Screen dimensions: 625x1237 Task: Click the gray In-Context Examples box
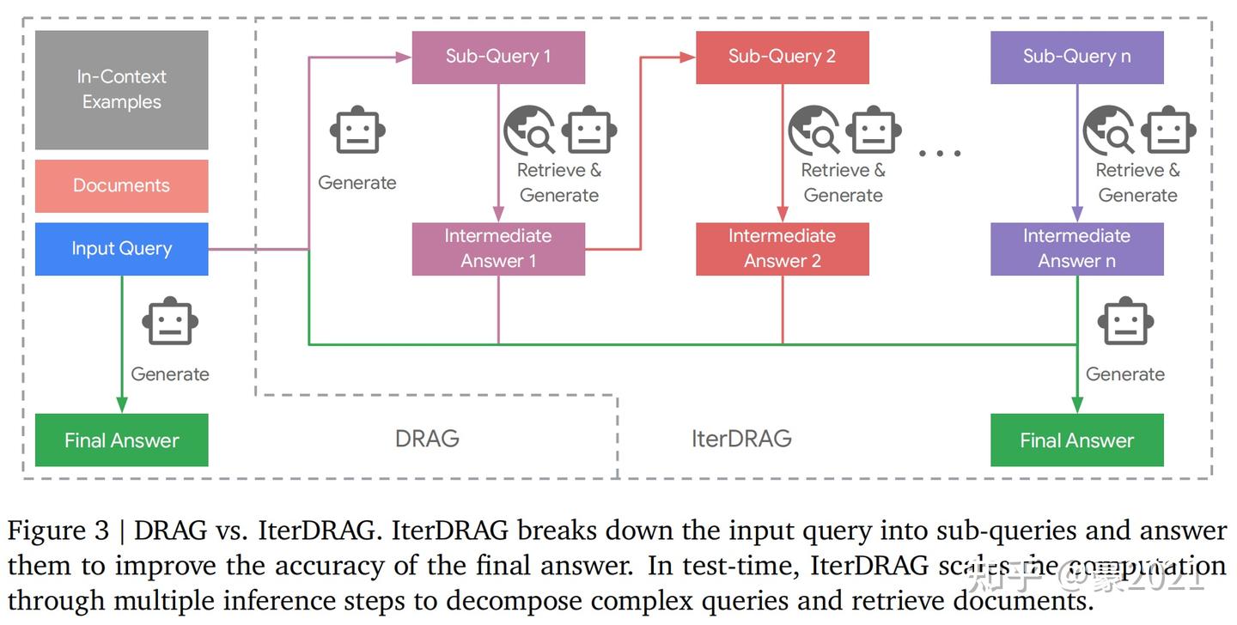point(121,89)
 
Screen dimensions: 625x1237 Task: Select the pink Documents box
point(121,185)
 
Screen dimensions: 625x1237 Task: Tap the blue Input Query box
point(121,249)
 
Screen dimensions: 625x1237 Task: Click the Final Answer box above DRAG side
point(121,440)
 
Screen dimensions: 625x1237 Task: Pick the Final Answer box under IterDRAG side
point(1076,440)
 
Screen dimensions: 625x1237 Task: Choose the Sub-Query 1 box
point(498,57)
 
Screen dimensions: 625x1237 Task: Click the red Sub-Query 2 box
point(782,57)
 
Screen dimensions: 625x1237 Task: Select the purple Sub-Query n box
point(1076,57)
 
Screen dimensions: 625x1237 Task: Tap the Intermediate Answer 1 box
point(498,249)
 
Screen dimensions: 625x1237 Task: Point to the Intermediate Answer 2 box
point(782,249)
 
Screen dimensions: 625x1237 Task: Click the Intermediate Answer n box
point(1076,249)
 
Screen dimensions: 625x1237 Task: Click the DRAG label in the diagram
point(427,439)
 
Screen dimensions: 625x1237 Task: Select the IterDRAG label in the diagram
point(741,439)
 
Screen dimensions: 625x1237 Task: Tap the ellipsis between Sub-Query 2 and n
point(939,153)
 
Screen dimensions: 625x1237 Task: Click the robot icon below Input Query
point(170,323)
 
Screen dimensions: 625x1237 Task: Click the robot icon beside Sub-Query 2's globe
point(873,130)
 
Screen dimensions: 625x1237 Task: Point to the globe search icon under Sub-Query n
point(1108,130)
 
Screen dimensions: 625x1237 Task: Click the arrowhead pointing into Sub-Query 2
point(687,57)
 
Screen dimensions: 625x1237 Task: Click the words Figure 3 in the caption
point(58,531)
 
